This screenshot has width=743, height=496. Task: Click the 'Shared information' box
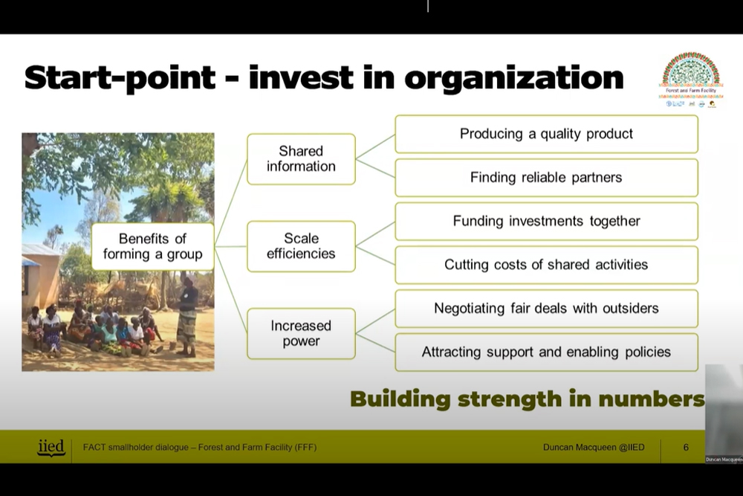tap(301, 158)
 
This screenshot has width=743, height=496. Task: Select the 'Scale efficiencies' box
tap(301, 246)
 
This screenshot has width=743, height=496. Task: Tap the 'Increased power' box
tap(301, 334)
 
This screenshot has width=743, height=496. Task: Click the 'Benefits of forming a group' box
tap(152, 246)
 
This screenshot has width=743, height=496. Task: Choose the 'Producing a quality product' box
tap(546, 134)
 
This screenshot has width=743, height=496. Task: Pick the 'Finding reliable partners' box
tap(546, 178)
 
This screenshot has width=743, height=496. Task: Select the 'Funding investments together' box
tap(546, 221)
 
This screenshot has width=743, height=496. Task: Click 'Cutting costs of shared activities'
tap(546, 265)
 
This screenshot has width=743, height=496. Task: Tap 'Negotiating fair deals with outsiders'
tap(546, 308)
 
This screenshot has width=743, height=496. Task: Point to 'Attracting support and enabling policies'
tap(546, 352)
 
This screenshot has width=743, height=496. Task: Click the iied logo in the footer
tap(51, 447)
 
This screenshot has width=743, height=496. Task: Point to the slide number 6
tap(686, 447)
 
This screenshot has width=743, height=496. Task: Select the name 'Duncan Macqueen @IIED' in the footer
tap(594, 447)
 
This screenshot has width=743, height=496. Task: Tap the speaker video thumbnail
tap(724, 413)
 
